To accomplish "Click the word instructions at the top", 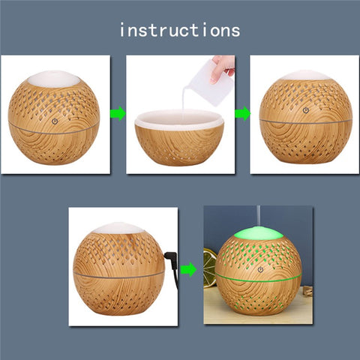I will [180, 30].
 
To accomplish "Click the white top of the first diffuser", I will [53, 78].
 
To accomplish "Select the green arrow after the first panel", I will [117, 114].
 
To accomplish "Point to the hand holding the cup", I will [223, 67].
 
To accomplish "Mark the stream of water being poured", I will [182, 102].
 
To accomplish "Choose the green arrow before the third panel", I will [241, 114].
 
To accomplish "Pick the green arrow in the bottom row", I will [189, 268].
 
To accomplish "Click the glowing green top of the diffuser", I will [258, 234].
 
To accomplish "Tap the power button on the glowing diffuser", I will [260, 269].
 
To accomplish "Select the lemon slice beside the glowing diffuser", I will [210, 266].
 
